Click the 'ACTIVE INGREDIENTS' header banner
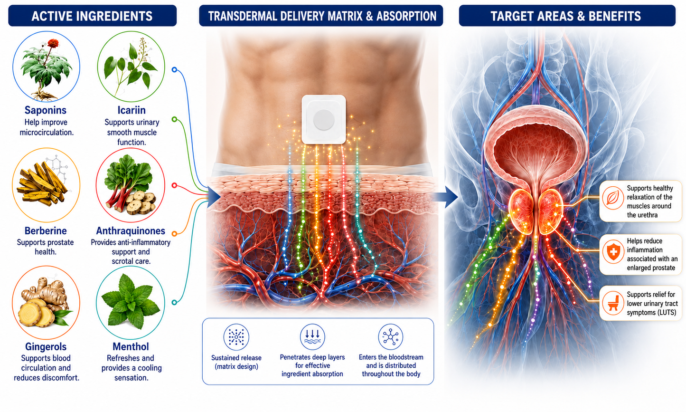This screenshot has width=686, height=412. [92, 16]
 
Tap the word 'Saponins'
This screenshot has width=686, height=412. [45, 110]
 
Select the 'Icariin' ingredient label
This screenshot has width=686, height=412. [132, 110]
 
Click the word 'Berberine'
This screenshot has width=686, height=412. [46, 230]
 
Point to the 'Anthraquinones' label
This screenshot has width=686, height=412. [131, 230]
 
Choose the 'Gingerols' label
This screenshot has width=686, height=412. [46, 346]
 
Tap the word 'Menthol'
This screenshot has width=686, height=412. [131, 346]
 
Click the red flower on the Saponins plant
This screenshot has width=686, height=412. [53, 43]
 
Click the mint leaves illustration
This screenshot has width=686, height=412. [131, 301]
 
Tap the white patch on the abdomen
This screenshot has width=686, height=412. [324, 119]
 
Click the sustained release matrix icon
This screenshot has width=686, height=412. [236, 337]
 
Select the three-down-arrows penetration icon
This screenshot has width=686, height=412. [312, 337]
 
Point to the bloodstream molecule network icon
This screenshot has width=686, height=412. [390, 337]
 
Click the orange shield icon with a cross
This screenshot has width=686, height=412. [613, 252]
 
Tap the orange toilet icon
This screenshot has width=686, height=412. [613, 303]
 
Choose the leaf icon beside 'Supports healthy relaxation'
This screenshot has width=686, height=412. [613, 198]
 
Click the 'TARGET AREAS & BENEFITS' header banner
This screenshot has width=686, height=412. [567, 16]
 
